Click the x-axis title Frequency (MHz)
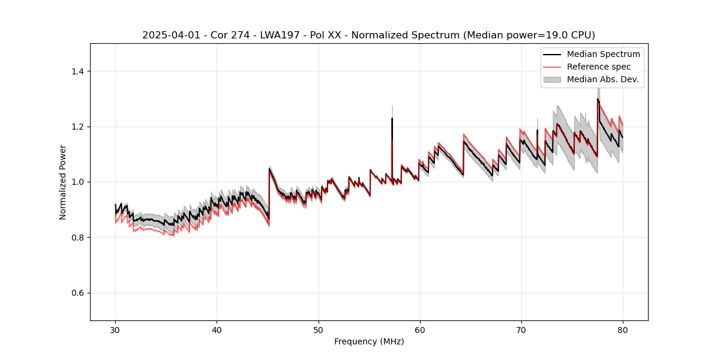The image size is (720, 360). [x=369, y=341]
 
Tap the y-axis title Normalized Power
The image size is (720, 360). [x=62, y=182]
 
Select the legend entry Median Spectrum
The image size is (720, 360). [x=603, y=54]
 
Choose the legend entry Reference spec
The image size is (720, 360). [x=599, y=67]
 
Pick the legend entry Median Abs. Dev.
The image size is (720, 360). [x=602, y=79]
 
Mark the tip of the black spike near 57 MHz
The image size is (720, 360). [x=392, y=118]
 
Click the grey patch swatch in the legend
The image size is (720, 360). [x=552, y=79]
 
